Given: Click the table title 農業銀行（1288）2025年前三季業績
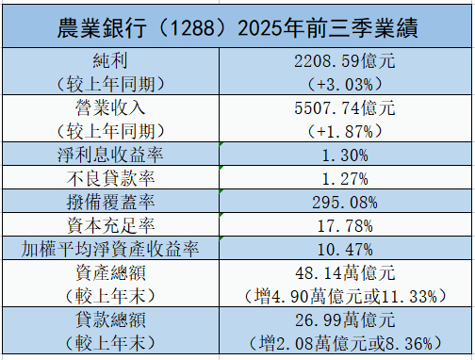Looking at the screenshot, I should tap(237, 25).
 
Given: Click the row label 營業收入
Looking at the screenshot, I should tap(111, 107).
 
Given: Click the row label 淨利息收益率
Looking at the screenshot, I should tap(111, 154).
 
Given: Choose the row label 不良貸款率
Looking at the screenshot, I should tap(111, 177).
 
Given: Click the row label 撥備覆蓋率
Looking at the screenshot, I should tap(111, 201).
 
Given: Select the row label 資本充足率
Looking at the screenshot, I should tap(111, 224).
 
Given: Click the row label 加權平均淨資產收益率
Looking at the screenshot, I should tap(111, 248).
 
